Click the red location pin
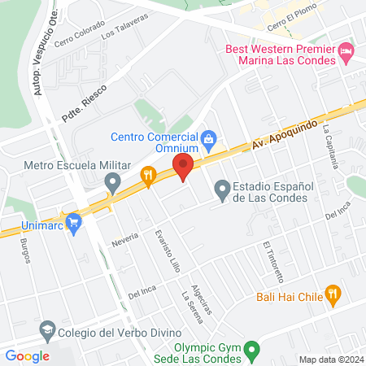point(183,168)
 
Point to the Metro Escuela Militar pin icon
point(113,181)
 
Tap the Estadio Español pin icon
point(221,190)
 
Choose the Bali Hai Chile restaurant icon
point(332,294)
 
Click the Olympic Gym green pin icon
point(253,351)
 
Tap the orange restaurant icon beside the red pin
point(147,176)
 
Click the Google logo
point(27,355)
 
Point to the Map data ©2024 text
point(329,359)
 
